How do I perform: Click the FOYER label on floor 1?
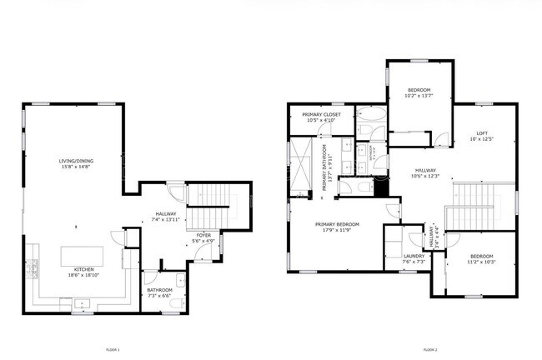203,236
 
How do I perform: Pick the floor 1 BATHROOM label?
159,290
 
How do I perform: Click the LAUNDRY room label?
414,257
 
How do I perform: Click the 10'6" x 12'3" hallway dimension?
425,176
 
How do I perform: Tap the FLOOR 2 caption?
429,349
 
